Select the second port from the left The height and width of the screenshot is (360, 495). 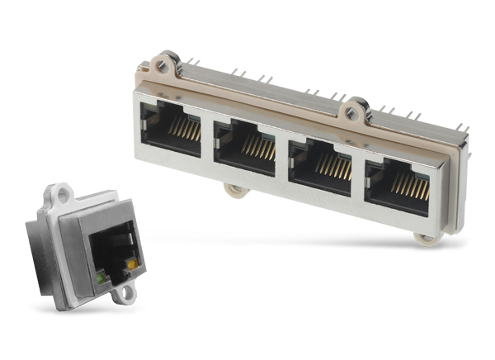(x=246, y=146)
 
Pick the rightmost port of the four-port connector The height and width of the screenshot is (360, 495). (x=398, y=183)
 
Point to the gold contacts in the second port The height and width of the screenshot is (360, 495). (x=257, y=147)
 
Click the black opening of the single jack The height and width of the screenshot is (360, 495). (x=115, y=248)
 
